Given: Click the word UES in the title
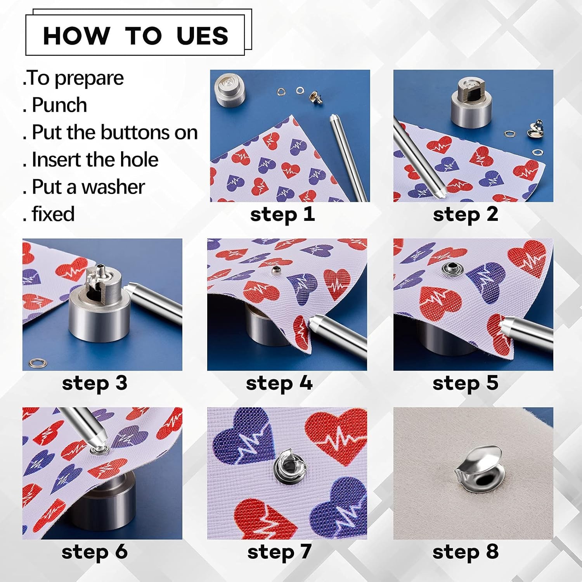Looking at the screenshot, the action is click(x=202, y=36).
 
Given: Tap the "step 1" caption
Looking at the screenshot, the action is click(x=282, y=215).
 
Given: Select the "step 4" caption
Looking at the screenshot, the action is click(x=279, y=383).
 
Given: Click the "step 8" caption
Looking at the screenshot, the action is click(x=465, y=552).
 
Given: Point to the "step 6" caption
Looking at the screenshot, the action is click(x=94, y=552).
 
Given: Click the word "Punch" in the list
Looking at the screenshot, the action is click(x=59, y=105).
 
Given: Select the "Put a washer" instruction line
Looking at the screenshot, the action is click(x=88, y=187).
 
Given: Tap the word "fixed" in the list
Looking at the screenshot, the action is click(x=53, y=214).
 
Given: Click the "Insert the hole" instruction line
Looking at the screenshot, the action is click(x=95, y=159).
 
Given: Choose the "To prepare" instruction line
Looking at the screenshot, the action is click(x=73, y=78).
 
